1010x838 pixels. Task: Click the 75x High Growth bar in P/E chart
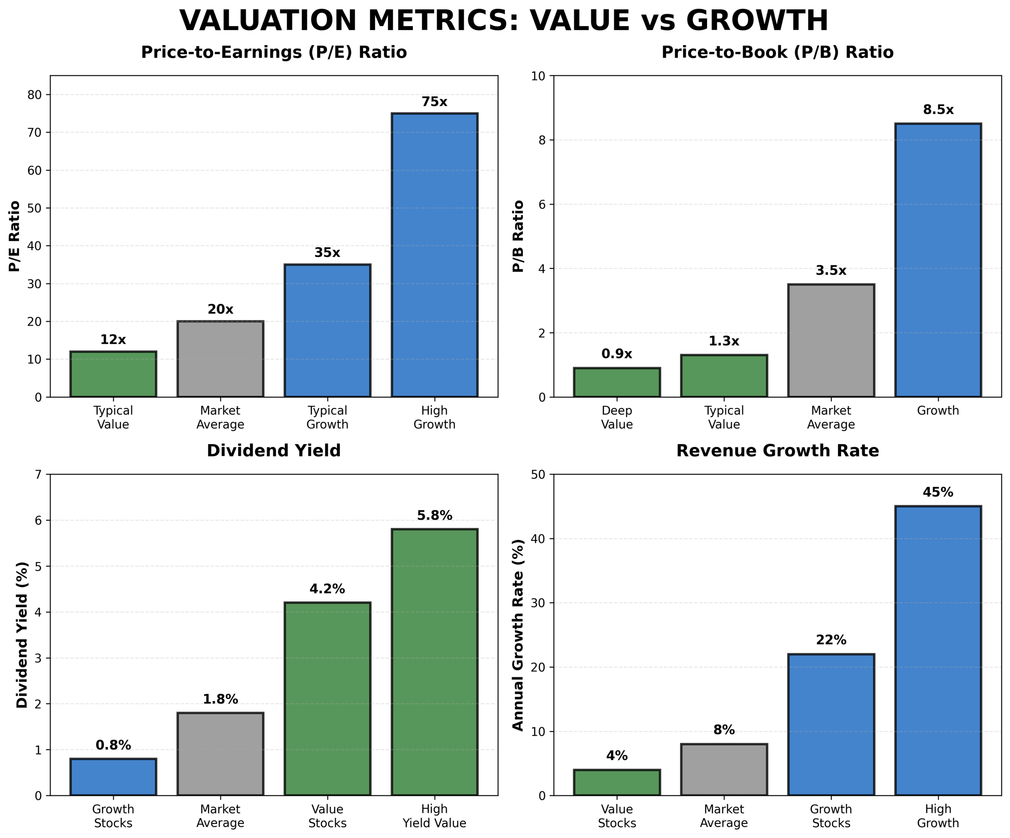pyautogui.click(x=434, y=255)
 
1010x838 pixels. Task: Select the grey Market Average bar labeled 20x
pyautogui.click(x=220, y=359)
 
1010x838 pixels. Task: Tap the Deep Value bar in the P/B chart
pyautogui.click(x=617, y=382)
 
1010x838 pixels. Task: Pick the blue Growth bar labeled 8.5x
pyautogui.click(x=938, y=260)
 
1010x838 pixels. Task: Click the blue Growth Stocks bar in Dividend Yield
pyautogui.click(x=113, y=777)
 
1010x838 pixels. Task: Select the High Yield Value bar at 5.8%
pyautogui.click(x=434, y=662)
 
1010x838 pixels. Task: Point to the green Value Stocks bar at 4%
pyautogui.click(x=617, y=782)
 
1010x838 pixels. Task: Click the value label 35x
pyautogui.click(x=327, y=253)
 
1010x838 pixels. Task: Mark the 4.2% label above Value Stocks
pyautogui.click(x=327, y=589)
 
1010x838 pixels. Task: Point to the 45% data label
pyautogui.click(x=938, y=492)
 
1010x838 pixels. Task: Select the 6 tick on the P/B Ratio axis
pyautogui.click(x=542, y=204)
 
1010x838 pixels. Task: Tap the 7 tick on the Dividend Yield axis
pyautogui.click(x=39, y=475)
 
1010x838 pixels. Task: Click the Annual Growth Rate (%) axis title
pyautogui.click(x=518, y=635)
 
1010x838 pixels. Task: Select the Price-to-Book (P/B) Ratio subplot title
pyautogui.click(x=777, y=52)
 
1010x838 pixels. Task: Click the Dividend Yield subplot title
pyautogui.click(x=274, y=451)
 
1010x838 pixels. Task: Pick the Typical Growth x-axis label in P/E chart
pyautogui.click(x=327, y=417)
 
